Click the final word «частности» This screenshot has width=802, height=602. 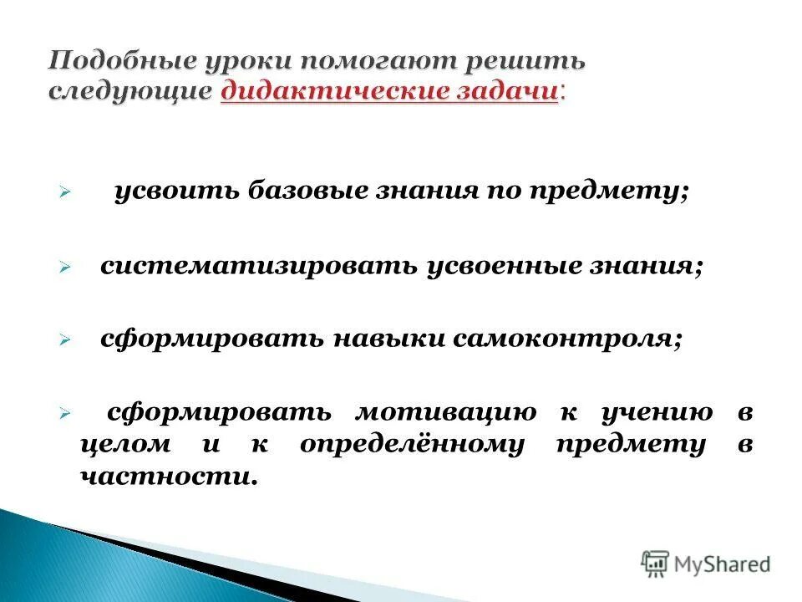click(x=165, y=476)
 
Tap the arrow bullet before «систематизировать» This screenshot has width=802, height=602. click(x=63, y=267)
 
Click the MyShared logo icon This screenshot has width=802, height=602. click(x=655, y=564)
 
